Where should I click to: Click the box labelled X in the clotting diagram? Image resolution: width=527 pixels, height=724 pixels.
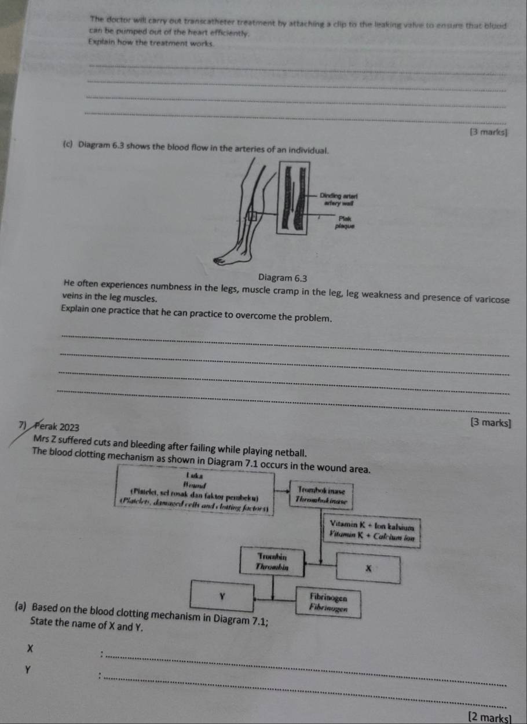(x=368, y=569)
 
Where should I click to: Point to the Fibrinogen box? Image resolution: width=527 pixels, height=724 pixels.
(x=328, y=602)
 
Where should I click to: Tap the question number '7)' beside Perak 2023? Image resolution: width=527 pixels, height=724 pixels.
(x=23, y=427)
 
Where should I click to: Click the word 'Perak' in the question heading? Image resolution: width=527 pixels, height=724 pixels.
(x=46, y=427)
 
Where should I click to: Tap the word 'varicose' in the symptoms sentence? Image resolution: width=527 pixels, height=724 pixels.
(x=487, y=299)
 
